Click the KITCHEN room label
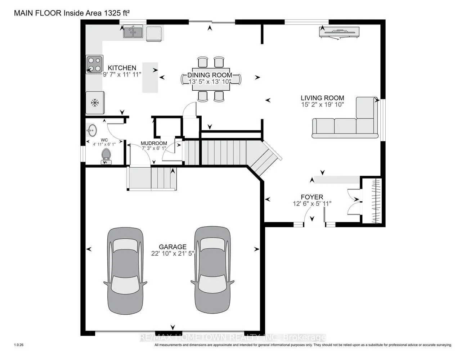pos(122,68)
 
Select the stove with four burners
pos(94,64)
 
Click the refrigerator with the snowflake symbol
pos(95,103)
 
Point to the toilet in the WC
pos(106,157)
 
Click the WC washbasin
pos(92,130)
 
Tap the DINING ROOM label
pos(210,75)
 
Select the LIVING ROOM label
pos(322,98)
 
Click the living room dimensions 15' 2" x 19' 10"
pos(322,104)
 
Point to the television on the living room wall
pos(339,32)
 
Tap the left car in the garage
pos(125,271)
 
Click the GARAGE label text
pos(172,247)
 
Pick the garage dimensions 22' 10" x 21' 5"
pos(172,253)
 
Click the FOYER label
pos(312,197)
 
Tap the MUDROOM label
pos(154,143)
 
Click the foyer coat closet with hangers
pos(372,201)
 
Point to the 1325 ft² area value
pos(117,13)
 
